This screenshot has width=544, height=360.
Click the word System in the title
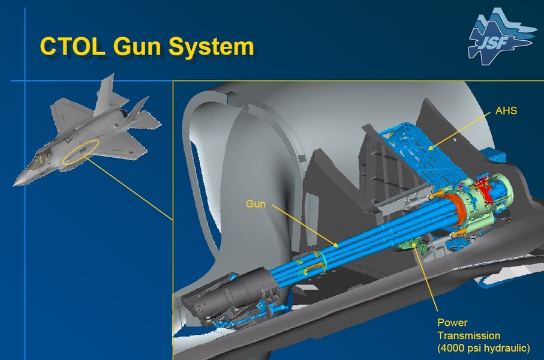(211, 47)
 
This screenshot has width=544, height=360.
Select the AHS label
(506, 111)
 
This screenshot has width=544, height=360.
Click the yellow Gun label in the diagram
(256, 204)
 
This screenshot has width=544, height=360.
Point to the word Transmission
(468, 335)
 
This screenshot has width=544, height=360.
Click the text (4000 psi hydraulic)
(483, 348)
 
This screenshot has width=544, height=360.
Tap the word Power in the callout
(452, 323)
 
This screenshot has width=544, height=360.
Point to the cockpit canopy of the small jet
(39, 160)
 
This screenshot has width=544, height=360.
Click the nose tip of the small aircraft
(14, 184)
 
